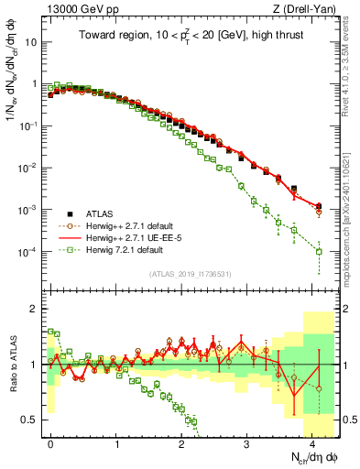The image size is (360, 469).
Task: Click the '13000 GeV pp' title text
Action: coord(73,8)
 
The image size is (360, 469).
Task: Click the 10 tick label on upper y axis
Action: coord(29,42)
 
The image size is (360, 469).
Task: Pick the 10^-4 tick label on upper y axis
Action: coord(27,252)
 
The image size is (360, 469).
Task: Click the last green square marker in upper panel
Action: coord(319,251)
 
